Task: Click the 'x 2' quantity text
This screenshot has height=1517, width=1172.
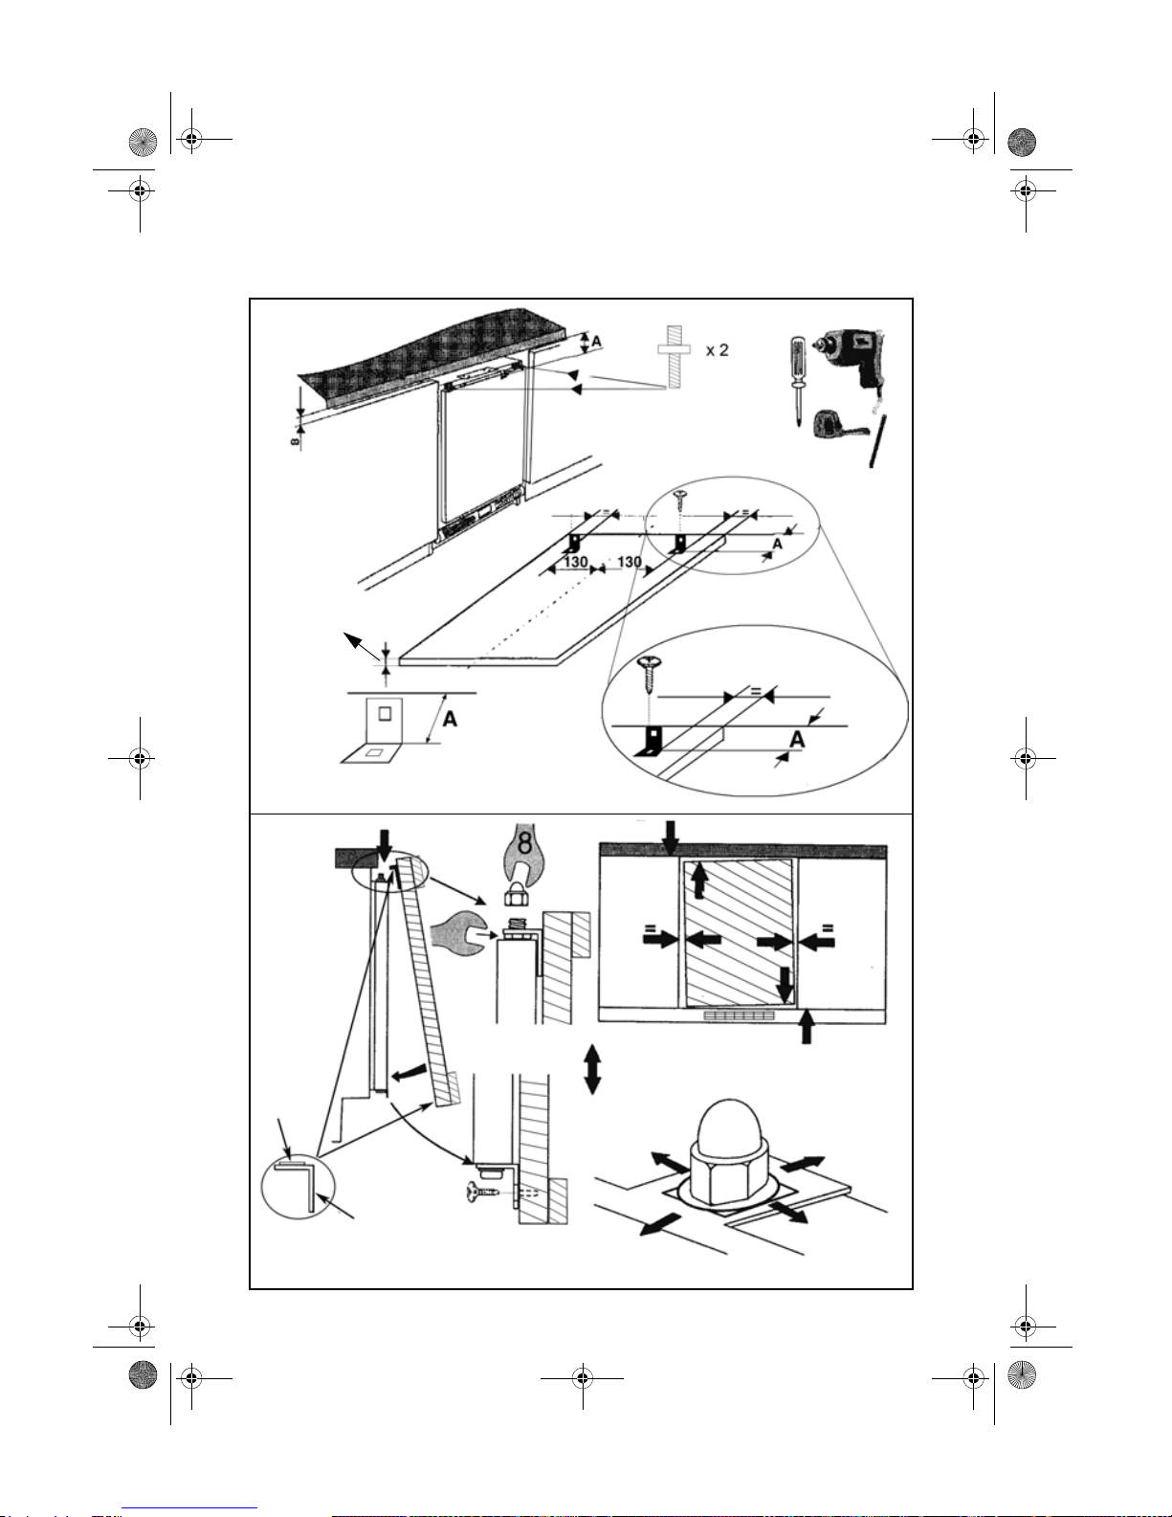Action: pos(717,350)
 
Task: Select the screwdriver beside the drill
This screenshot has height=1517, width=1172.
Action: pos(797,379)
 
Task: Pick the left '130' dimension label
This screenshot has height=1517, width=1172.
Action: pos(575,562)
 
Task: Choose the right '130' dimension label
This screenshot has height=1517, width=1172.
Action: pos(630,562)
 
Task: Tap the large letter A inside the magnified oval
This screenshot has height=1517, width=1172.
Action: pos(797,739)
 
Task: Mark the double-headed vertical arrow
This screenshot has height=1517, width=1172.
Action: pos(592,1068)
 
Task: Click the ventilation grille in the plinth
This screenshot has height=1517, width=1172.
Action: pos(740,1016)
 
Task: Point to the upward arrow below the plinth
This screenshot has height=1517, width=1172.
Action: pos(807,1028)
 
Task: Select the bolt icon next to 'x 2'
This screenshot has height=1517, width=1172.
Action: pos(674,356)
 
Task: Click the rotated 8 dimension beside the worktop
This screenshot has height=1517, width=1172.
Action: pos(295,439)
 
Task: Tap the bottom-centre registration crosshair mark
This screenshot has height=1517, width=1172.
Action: pos(583,1378)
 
